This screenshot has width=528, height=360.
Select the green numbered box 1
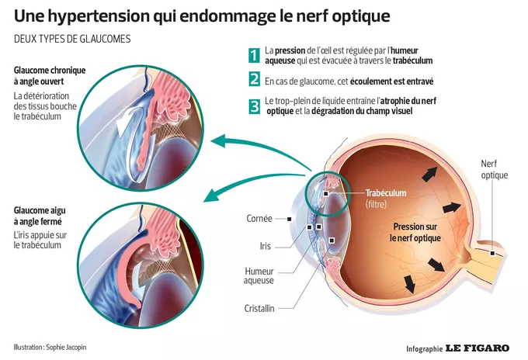click(254, 54)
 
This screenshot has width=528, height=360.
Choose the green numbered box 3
click(254, 106)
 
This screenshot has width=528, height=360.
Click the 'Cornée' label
click(259, 218)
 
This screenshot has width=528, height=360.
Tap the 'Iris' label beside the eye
click(265, 246)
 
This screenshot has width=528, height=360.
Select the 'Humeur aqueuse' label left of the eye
click(259, 275)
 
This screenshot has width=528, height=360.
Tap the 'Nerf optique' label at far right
click(494, 169)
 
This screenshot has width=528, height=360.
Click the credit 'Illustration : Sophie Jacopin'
click(50, 347)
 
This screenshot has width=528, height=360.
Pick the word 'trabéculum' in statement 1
click(412, 60)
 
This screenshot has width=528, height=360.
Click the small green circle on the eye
click(324, 191)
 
